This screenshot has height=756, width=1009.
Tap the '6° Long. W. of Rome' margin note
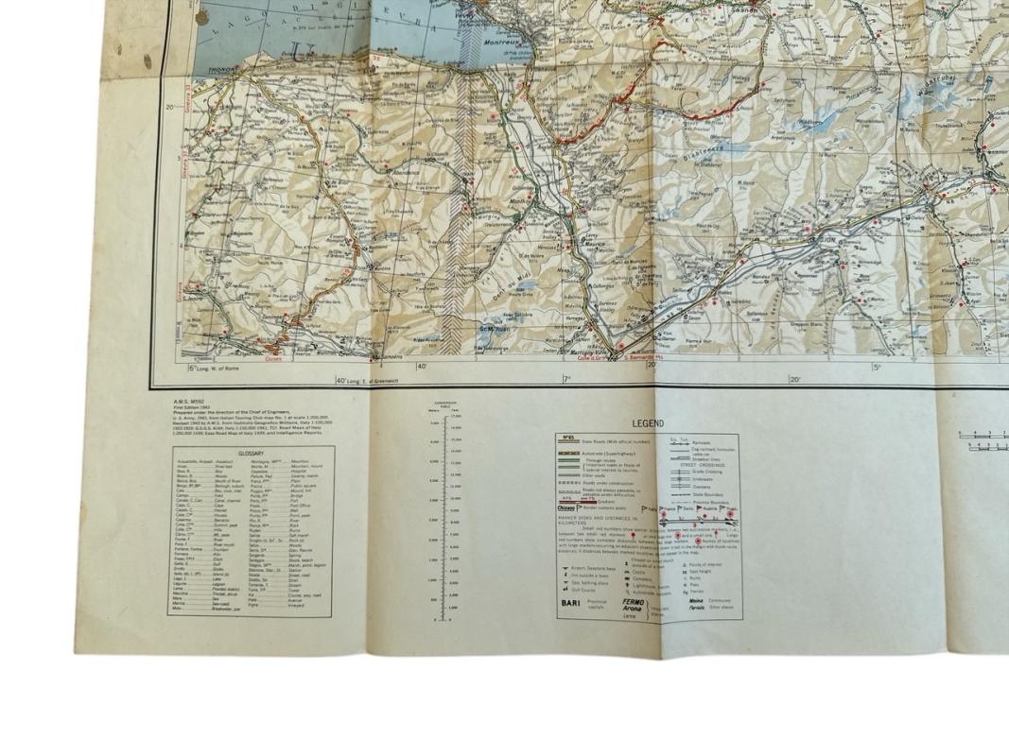215,369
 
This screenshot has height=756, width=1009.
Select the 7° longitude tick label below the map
567,380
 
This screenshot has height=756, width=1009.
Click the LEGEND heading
648,423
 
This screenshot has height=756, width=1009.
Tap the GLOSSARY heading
251,454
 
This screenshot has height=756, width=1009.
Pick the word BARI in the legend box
571,602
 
